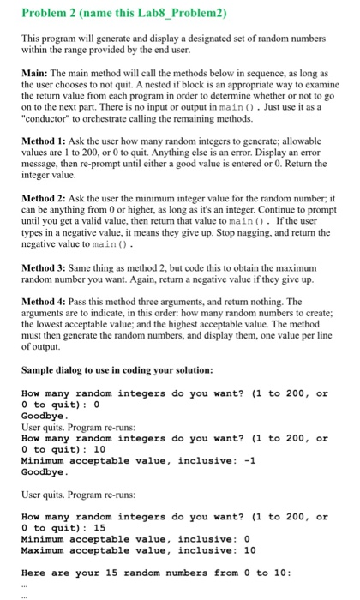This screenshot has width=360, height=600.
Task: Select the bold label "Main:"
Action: pos(35,76)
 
